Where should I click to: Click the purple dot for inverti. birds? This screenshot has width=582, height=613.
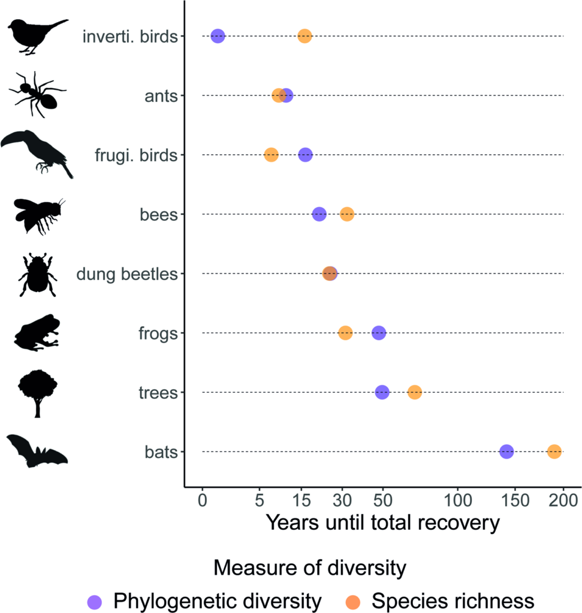coord(218,36)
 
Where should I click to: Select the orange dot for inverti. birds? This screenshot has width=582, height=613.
coord(304,36)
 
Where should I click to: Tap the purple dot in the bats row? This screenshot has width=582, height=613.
coord(506,452)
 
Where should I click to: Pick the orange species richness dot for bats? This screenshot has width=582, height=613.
coord(554,452)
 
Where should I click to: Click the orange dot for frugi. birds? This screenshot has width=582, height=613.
coord(272,155)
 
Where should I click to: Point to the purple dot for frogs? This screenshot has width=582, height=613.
coord(379,333)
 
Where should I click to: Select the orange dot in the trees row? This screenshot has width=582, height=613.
coord(415,393)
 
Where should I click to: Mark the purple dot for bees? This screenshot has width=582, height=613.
coord(319,214)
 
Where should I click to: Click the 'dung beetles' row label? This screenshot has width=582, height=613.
coord(127,274)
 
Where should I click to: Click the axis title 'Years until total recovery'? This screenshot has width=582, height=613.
coord(382,523)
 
